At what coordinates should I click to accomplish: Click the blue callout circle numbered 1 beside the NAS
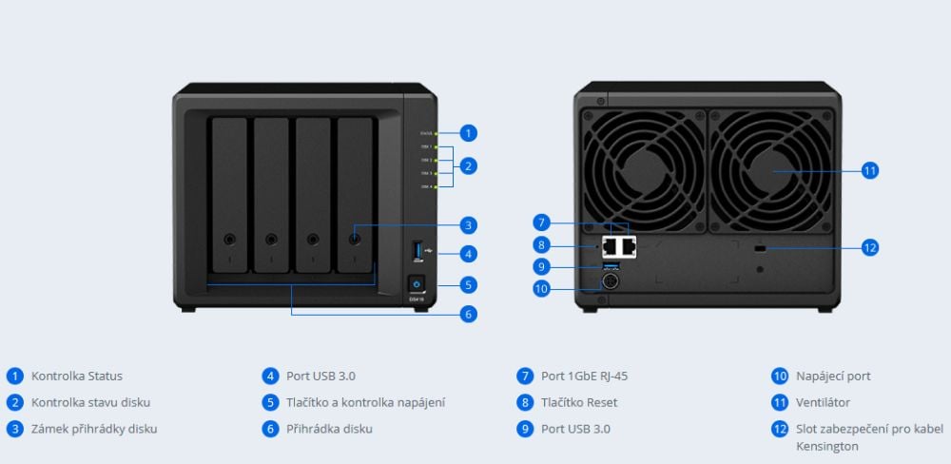coord(468,133)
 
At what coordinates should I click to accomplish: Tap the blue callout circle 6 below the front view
coord(468,313)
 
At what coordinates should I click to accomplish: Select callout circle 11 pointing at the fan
coord(869,171)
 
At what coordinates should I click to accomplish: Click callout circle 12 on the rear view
coord(869,247)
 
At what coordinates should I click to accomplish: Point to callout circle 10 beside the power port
coord(542,287)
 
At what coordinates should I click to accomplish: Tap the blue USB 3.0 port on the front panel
coord(417,252)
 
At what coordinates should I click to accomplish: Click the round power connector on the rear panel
coord(609,281)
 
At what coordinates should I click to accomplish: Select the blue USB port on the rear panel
coord(611,264)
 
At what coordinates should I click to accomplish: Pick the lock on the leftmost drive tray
coord(230,240)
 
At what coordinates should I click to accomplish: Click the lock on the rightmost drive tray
coord(355,240)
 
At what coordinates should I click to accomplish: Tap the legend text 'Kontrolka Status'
coord(77,376)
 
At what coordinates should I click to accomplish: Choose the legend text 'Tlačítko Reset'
coord(579,402)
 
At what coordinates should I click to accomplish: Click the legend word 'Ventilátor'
coord(823,402)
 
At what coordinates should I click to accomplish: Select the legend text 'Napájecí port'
coord(833,376)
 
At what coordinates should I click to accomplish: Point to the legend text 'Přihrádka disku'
coord(329,429)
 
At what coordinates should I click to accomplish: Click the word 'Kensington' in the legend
coord(827,446)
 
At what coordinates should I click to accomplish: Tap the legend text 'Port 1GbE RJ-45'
coord(584,376)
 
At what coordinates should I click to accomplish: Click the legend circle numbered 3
coord(14,429)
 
